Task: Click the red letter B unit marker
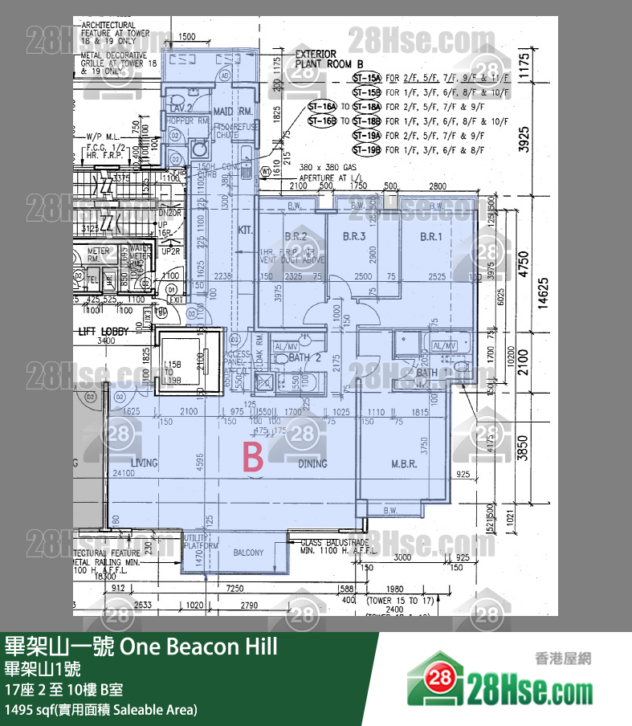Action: [253, 459]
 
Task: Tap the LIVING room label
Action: [145, 463]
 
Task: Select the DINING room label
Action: [312, 463]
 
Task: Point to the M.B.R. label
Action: [402, 463]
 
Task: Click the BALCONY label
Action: [248, 553]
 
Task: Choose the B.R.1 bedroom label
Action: [431, 237]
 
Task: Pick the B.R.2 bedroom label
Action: [296, 237]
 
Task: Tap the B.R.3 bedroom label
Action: [354, 237]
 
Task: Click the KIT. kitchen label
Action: [245, 230]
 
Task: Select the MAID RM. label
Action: [234, 110]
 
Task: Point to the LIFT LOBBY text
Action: [104, 330]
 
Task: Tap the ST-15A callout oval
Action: [367, 79]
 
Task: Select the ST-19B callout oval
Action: [367, 150]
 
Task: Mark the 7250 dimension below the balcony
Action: [234, 589]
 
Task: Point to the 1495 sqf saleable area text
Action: [100, 709]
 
